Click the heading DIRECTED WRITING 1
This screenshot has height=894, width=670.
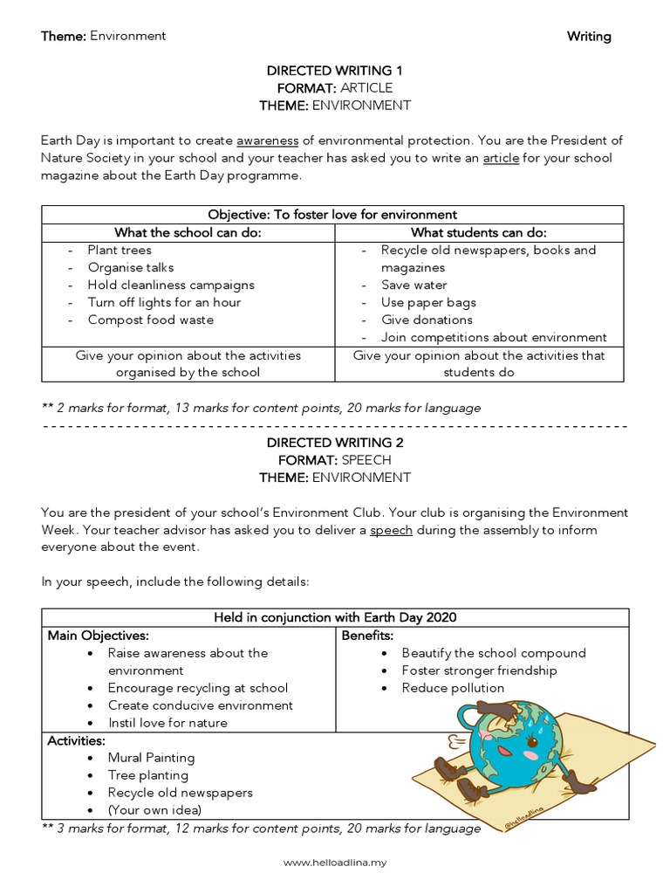(x=335, y=71)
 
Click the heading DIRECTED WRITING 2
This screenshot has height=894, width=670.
(x=335, y=443)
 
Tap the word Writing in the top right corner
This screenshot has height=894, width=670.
(x=589, y=37)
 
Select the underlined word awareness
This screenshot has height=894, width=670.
(x=268, y=141)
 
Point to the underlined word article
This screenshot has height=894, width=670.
(x=501, y=158)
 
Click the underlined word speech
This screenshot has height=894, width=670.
(x=391, y=530)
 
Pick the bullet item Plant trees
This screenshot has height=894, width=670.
(x=120, y=251)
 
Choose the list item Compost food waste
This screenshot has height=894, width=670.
(x=150, y=320)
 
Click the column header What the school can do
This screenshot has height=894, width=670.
(x=188, y=232)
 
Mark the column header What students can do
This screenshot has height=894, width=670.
(x=480, y=232)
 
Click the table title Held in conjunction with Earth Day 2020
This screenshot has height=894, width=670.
(x=335, y=618)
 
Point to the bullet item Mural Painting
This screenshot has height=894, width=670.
(x=151, y=758)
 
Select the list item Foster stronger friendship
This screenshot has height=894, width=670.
(x=479, y=670)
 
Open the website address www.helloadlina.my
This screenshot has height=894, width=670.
(x=335, y=863)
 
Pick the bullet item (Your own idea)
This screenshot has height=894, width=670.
(x=154, y=810)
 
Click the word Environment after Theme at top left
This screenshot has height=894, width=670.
(x=128, y=37)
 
